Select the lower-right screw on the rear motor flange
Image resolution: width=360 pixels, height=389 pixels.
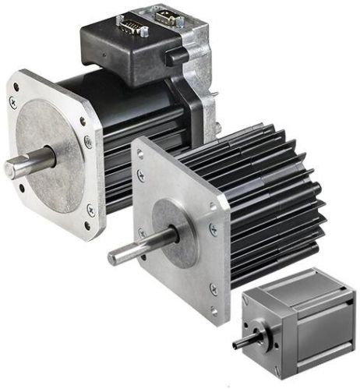pyautogui.click(x=90, y=208)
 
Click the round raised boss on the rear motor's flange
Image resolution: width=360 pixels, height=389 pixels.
pyautogui.click(x=48, y=156)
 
